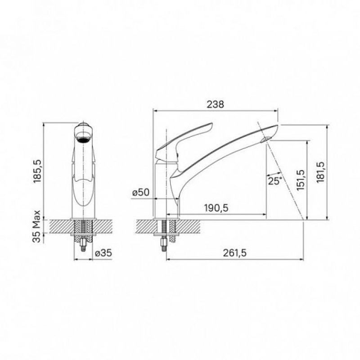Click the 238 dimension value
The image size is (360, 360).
pos(215,104)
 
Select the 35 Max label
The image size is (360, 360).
pos(36,226)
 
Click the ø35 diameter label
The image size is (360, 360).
pos(103,253)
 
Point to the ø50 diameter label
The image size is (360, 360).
pos(141,193)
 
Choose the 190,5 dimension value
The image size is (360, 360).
pos(216,208)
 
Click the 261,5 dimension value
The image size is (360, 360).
pos(235,253)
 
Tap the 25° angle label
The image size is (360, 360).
pos(274,181)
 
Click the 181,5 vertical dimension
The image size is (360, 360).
pos(320,172)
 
